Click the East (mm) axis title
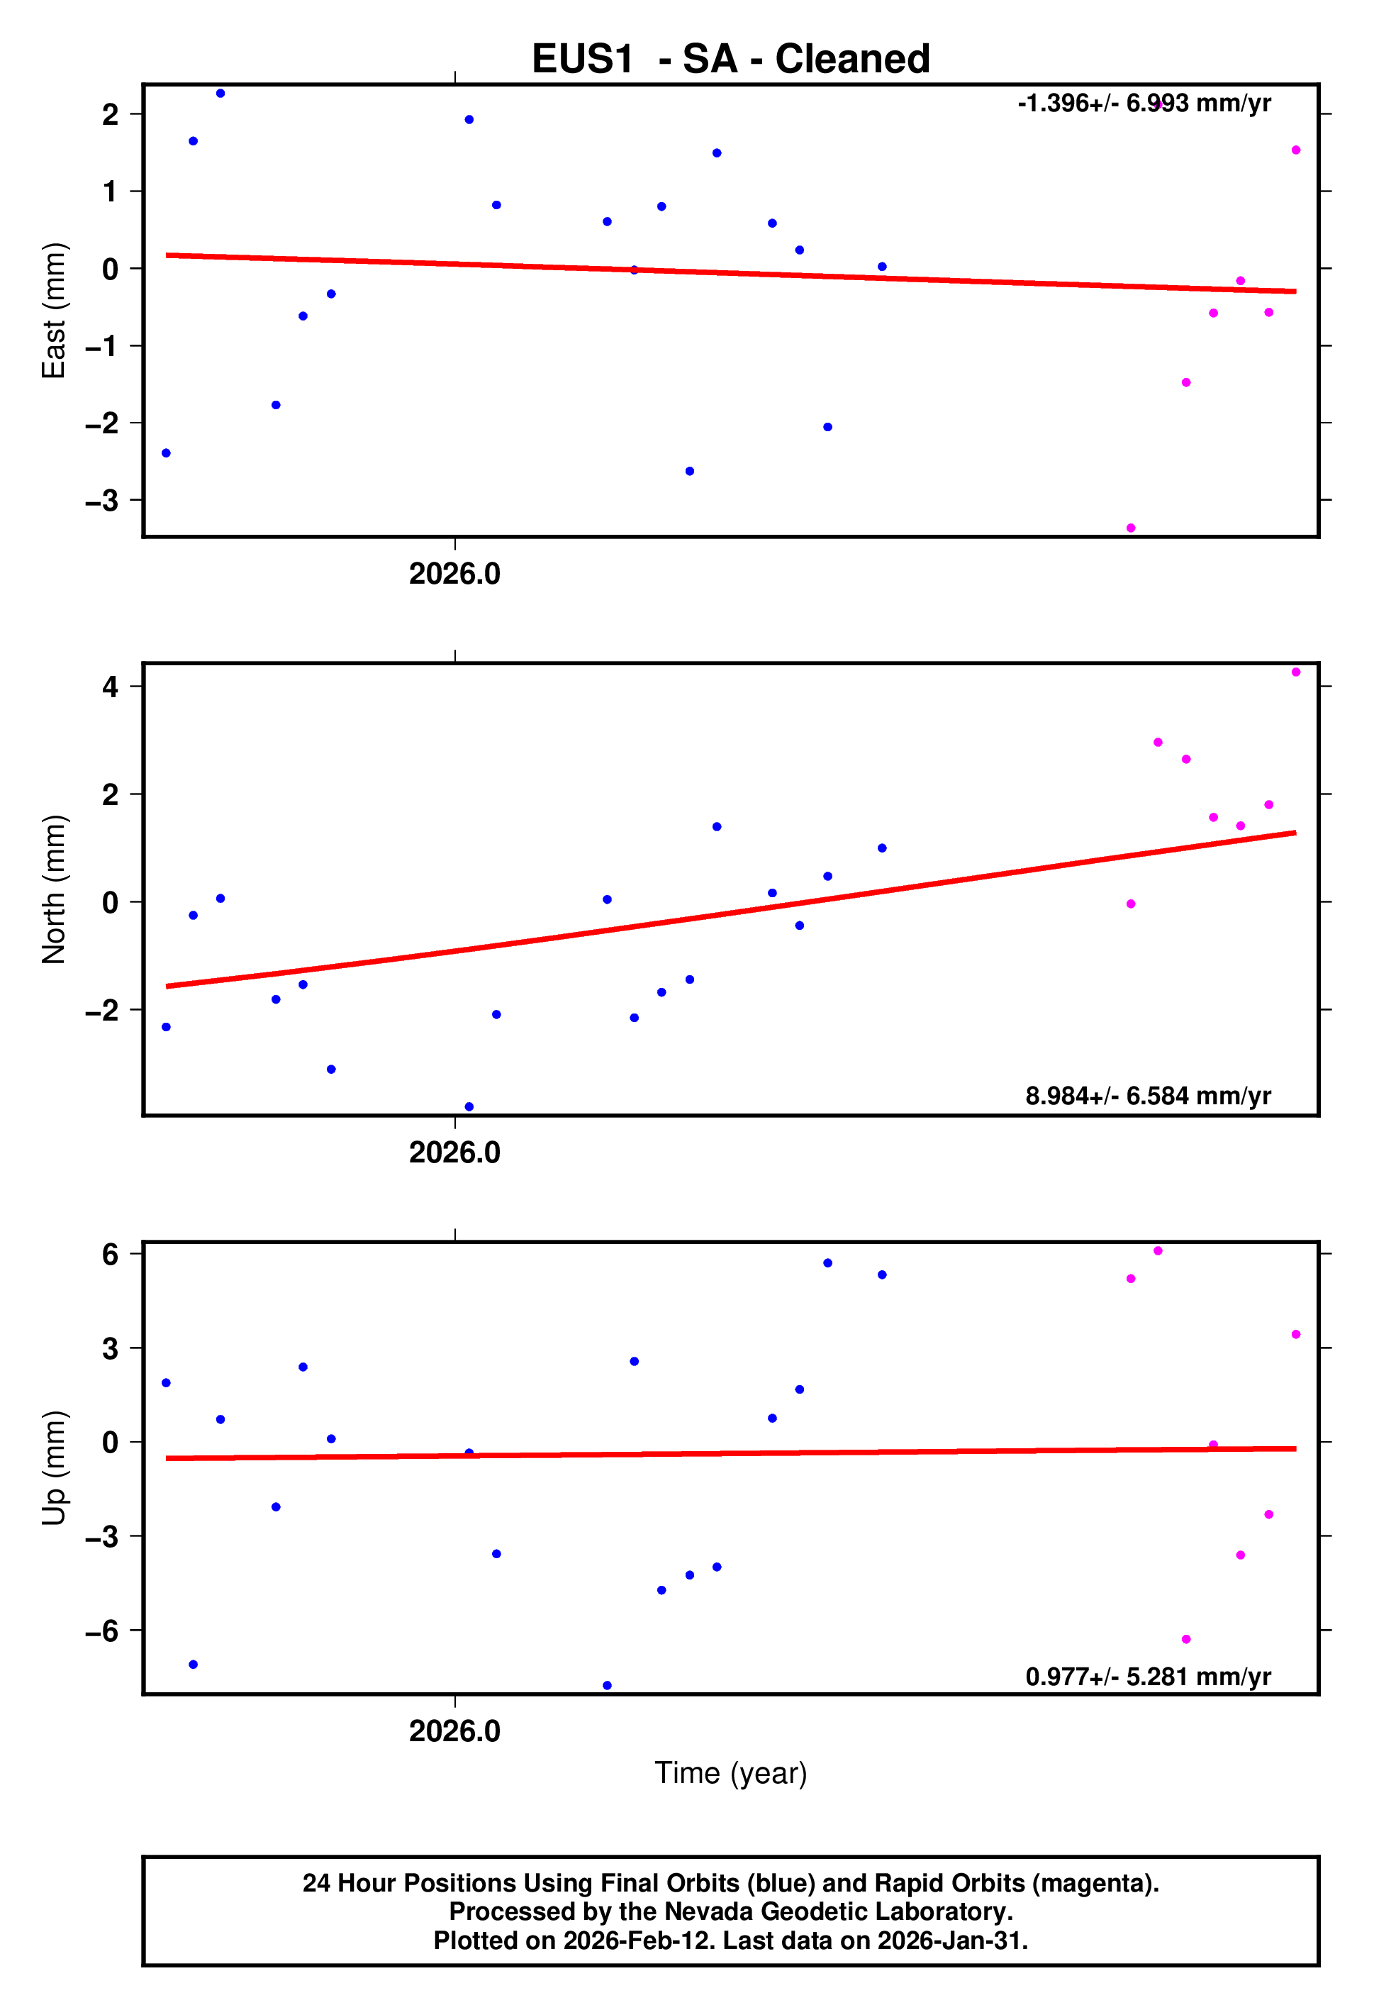pos(54,311)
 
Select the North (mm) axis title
pos(54,889)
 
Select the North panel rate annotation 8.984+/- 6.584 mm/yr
pos(1147,1096)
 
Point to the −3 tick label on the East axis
pos(101,501)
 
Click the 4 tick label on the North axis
pos(110,687)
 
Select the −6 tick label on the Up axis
pos(101,1631)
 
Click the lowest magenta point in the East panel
pos(1130,528)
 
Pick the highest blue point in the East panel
pos(220,94)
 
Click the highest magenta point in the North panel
pos(1295,672)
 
